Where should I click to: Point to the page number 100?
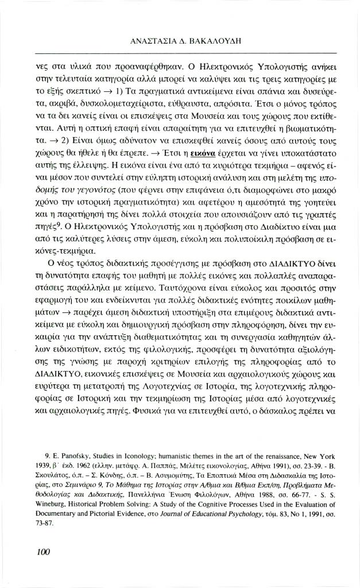coord(44,552)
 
